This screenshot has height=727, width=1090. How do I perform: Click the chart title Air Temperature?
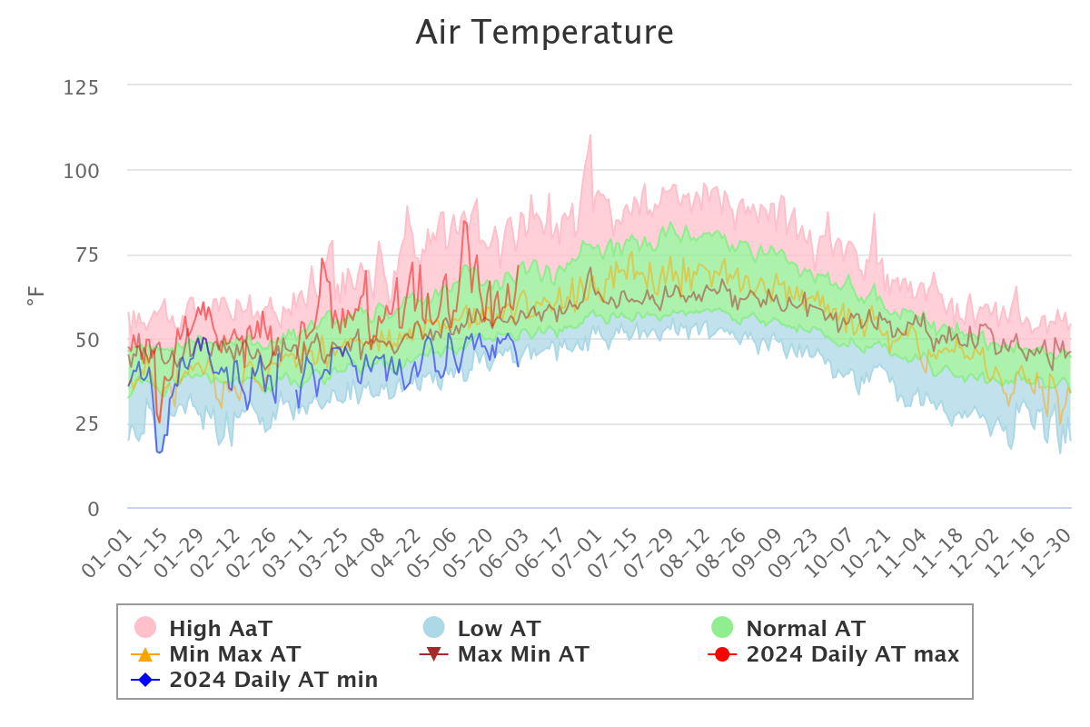coord(544,33)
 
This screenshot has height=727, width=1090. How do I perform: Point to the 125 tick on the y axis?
coord(82,87)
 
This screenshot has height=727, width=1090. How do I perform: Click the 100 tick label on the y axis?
coord(82,171)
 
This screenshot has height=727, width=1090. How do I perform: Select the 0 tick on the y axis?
coord(94,509)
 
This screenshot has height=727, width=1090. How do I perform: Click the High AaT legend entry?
coord(221,628)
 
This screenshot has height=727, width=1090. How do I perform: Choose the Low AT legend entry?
coord(499,628)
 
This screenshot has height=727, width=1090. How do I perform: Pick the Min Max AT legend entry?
coord(234,653)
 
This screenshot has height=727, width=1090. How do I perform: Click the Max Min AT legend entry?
coord(523,653)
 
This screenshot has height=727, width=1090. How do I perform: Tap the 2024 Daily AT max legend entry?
coord(852,653)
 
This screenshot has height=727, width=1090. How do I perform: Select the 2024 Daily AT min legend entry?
coord(273,679)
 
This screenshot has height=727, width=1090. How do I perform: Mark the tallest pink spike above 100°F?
coord(590,135)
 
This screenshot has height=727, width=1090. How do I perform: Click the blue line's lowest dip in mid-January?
coord(160,452)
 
